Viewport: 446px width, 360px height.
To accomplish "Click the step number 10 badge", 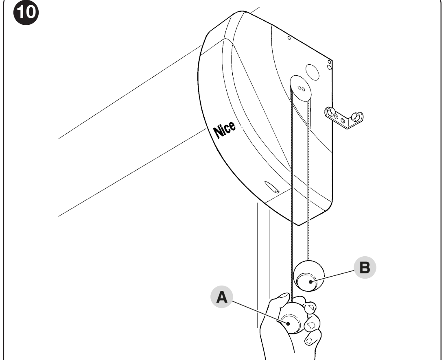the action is coord(26,12).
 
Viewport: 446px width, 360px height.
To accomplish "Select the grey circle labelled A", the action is coord(222,297).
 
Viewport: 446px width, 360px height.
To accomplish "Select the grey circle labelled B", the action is coord(365,268).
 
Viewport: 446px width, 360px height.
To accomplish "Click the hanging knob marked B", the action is coord(308,276).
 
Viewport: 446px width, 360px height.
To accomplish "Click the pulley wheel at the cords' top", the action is coord(301,88).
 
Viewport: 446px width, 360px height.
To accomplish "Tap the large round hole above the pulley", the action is coord(312,72).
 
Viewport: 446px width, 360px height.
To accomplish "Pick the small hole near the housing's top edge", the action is coord(289,38).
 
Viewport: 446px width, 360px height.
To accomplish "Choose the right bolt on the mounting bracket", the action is coord(356,116).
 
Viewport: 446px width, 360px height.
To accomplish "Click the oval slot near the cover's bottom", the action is coord(271,187).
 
